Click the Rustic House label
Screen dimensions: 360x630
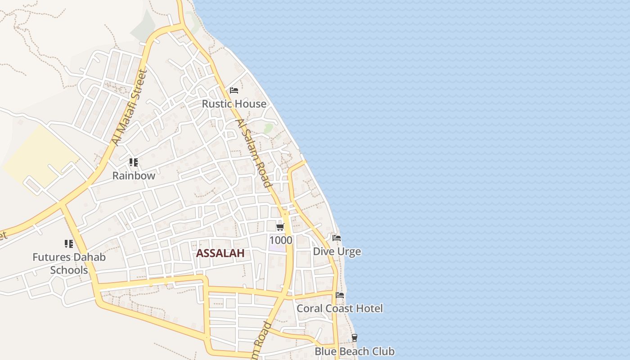(x=234, y=104)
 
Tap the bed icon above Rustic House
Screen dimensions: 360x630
(x=234, y=90)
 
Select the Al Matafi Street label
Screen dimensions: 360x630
(x=130, y=108)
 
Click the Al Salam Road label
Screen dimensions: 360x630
(x=254, y=153)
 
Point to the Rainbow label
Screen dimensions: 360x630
(x=134, y=176)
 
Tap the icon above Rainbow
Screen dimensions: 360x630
(x=133, y=162)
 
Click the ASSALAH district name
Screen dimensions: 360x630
(x=220, y=253)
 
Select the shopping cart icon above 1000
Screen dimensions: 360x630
(x=280, y=227)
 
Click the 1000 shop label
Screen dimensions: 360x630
(x=280, y=240)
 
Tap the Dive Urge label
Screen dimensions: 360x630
(x=337, y=252)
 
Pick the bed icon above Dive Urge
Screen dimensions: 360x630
(x=337, y=238)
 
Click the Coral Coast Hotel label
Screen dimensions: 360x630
(x=340, y=309)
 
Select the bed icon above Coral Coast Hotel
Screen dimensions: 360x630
(x=340, y=295)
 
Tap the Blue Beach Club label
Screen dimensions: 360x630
(x=354, y=351)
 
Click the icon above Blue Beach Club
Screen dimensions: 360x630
(x=355, y=338)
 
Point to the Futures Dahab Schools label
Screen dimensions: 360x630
(x=69, y=264)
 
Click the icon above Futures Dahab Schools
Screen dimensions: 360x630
(x=68, y=244)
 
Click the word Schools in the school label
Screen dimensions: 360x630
(x=69, y=270)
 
